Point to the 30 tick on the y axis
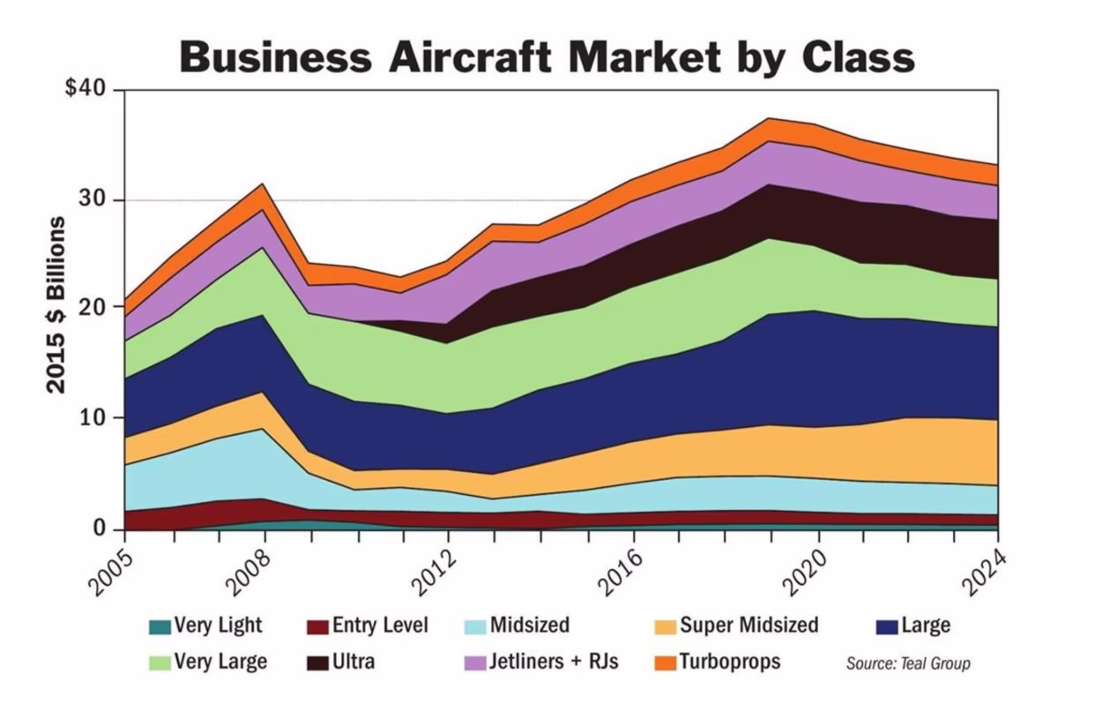point(93,200)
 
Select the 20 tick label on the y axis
point(93,307)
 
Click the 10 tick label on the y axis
point(93,417)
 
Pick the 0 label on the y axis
point(99,528)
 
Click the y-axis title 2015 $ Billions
point(56,304)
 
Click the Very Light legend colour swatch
point(160,627)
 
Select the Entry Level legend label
point(380,626)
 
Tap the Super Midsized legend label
point(749,626)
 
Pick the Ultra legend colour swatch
point(317,662)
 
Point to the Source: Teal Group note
point(907,663)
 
